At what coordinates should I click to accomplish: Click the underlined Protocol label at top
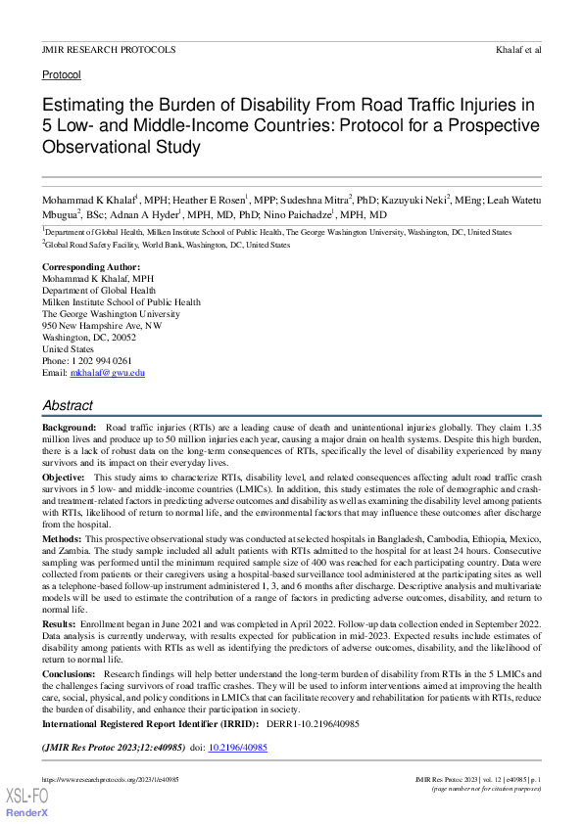point(62,74)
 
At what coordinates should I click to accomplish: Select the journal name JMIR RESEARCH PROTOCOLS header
point(109,49)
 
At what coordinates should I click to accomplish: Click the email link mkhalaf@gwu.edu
point(108,373)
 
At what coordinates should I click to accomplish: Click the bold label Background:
point(70,429)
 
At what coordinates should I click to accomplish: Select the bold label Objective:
point(64,477)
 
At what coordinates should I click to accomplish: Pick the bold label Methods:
point(62,539)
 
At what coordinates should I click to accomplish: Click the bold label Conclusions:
point(69,674)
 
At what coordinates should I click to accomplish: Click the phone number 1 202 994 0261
point(104,361)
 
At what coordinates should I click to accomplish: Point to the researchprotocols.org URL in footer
point(110,779)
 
